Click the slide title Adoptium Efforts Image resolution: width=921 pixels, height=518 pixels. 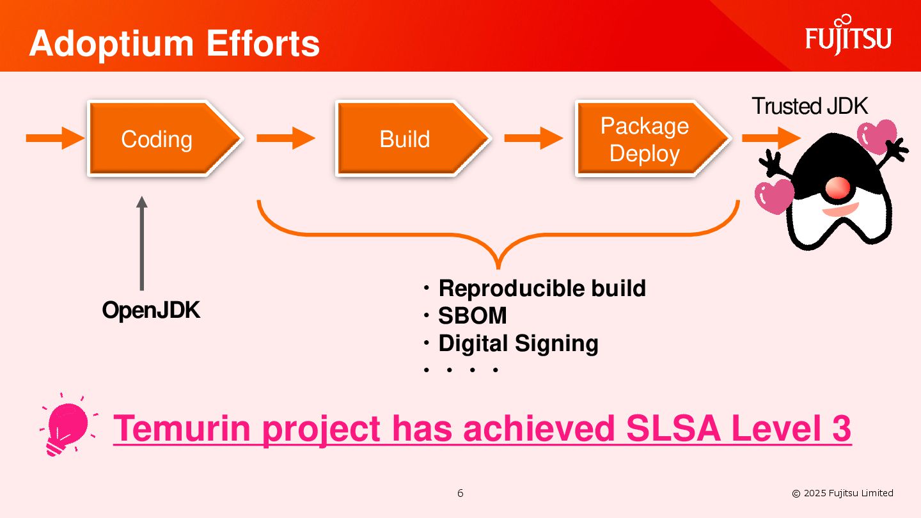(x=174, y=43)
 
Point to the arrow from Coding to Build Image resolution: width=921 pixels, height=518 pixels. (x=285, y=137)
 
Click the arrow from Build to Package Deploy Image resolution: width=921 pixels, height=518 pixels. (x=533, y=137)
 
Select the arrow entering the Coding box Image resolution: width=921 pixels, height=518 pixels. (x=55, y=137)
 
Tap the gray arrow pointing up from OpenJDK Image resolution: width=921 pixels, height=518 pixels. (x=142, y=243)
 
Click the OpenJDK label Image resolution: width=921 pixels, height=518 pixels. (x=152, y=311)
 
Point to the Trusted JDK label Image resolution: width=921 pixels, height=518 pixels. (x=810, y=106)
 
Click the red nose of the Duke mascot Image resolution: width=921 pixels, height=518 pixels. (x=837, y=187)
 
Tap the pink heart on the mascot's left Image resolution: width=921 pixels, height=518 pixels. (x=774, y=196)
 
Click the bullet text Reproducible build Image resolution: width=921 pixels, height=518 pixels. (x=542, y=288)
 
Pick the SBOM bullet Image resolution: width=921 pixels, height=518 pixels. (x=472, y=316)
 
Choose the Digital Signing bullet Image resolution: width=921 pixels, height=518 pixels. (x=518, y=343)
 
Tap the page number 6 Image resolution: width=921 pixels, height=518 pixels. (x=460, y=493)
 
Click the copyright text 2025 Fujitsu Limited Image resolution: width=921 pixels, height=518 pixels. (x=842, y=493)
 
